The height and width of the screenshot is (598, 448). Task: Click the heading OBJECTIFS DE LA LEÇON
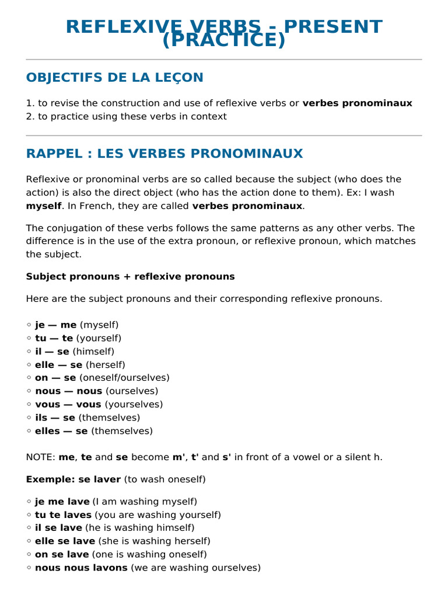pos(114,78)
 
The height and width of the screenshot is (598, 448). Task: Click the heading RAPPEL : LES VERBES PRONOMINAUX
pos(164,154)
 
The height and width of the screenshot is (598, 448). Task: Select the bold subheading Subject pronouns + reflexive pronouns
pos(130,277)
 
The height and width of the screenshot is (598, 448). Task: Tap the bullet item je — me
pos(55,325)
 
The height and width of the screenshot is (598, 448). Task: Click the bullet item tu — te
pos(54,338)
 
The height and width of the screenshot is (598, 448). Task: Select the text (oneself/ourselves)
pos(124,378)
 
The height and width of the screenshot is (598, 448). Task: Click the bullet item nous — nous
pos(68,391)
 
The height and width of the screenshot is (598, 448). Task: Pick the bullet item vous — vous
pos(68,405)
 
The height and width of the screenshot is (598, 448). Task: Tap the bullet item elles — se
pos(61,431)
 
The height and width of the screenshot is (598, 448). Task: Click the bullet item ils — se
pos(55,418)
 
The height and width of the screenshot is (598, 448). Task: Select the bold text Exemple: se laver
pos(73,479)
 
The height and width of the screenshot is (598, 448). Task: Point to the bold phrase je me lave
pos(62,502)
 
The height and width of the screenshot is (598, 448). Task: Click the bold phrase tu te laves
pos(63,515)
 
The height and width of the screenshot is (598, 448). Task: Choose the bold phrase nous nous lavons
pos(81,568)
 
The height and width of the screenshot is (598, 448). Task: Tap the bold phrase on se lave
pos(62,554)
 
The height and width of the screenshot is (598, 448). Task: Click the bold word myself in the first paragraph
pos(44,206)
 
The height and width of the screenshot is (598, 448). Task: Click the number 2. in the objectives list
pos(30,117)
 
